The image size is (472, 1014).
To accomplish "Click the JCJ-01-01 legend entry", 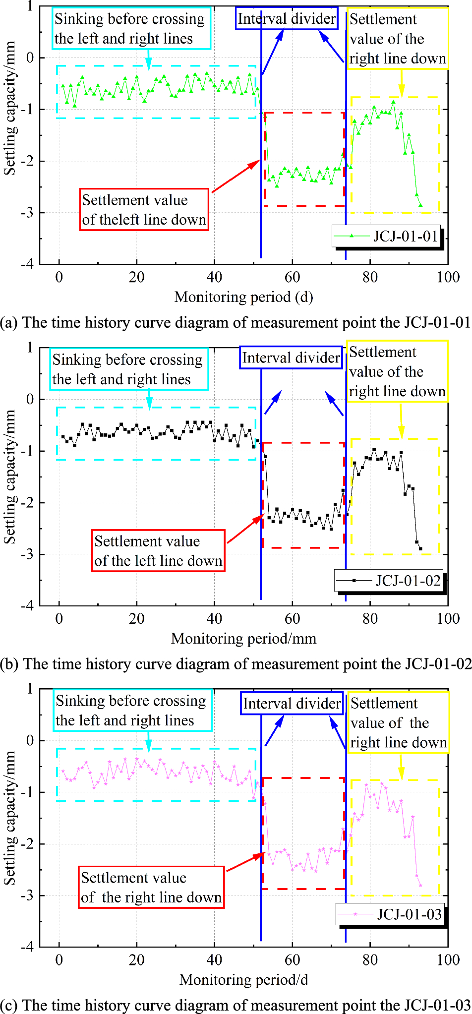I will click(x=387, y=236).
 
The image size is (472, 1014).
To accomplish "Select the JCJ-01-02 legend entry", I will click(x=390, y=581).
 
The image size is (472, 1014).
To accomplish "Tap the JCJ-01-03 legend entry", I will click(x=391, y=914).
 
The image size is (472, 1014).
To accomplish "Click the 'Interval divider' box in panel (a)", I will click(x=287, y=19).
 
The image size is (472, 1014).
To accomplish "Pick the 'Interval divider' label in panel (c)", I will click(x=292, y=703).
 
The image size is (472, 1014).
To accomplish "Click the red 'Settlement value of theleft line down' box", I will click(x=144, y=209).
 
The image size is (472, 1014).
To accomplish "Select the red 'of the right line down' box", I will click(x=151, y=887).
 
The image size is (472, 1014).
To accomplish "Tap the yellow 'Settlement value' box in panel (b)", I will click(x=397, y=371).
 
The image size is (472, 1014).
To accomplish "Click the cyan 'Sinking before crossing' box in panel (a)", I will click(x=131, y=28).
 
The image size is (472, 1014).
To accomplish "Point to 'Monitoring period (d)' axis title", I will click(x=243, y=297).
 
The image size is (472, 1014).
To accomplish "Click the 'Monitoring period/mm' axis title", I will click(x=243, y=638).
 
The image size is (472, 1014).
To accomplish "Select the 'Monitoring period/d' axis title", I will click(x=243, y=979).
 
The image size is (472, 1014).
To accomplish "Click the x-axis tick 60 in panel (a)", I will click(x=292, y=277).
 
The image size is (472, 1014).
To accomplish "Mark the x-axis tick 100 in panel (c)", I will click(x=448, y=959).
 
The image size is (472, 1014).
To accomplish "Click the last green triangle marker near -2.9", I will click(x=420, y=205).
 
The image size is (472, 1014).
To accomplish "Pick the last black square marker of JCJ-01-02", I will click(x=420, y=548).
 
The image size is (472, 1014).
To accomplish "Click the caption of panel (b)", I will click(x=236, y=664).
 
